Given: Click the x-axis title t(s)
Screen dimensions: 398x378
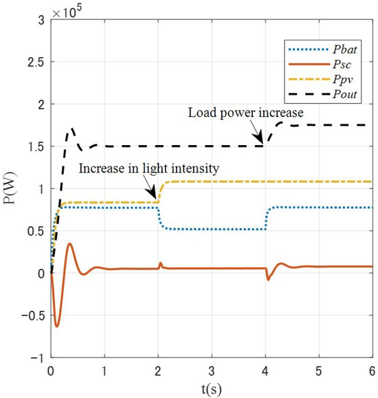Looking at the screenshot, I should [x=212, y=388].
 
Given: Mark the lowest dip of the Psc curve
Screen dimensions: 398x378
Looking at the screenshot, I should [x=58, y=326].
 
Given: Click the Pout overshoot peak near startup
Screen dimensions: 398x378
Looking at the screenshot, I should [x=71, y=129].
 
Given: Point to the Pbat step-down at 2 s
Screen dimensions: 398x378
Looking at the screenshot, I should [x=159, y=219].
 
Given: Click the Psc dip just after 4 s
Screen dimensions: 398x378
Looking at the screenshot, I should [x=268, y=279].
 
